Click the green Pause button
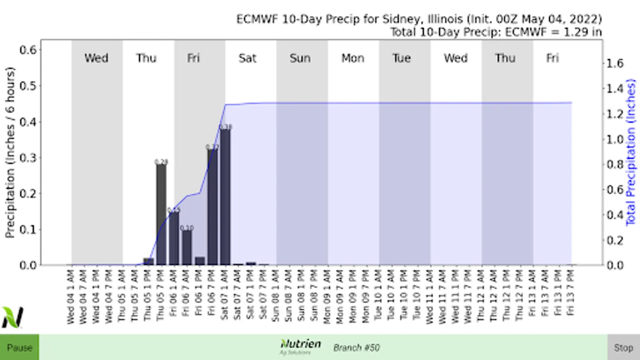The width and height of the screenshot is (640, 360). pyautogui.click(x=19, y=347)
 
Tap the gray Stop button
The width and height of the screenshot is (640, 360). pyautogui.click(x=623, y=347)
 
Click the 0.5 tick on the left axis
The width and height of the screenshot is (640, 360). pyautogui.click(x=28, y=86)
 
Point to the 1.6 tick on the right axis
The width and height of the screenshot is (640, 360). pyautogui.click(x=615, y=63)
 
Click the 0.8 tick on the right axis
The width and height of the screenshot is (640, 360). pyautogui.click(x=615, y=164)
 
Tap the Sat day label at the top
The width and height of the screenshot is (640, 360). pyautogui.click(x=247, y=58)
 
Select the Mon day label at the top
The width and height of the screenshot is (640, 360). pyautogui.click(x=352, y=58)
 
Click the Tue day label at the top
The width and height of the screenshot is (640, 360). pyautogui.click(x=401, y=58)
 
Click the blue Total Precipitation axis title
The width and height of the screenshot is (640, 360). pyautogui.click(x=630, y=152)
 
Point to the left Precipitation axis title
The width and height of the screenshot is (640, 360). pyautogui.click(x=10, y=152)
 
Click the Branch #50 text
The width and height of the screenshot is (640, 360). pyautogui.click(x=356, y=348)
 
